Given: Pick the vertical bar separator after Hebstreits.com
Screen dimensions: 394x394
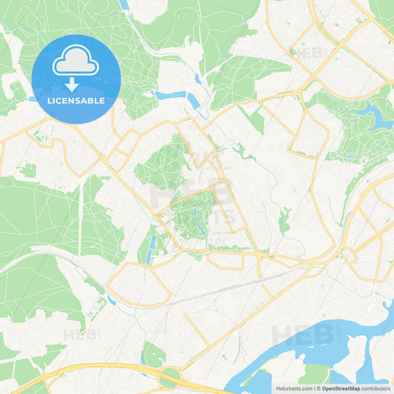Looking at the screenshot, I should pos(313,388).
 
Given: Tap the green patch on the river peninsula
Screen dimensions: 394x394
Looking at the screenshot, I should pos(318,373).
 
